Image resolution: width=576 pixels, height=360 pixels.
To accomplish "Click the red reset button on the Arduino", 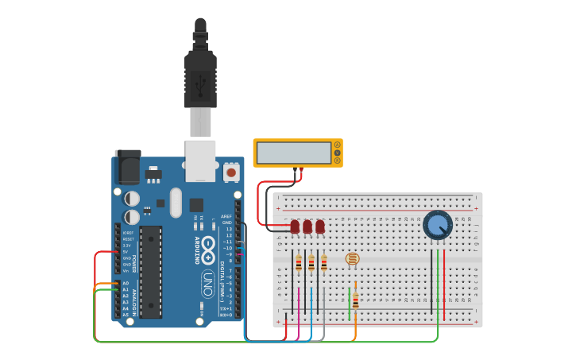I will click(231, 171).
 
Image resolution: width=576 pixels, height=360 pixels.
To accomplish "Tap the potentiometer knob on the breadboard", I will click(437, 225).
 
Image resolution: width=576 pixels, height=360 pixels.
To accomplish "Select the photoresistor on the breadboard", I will click(352, 258).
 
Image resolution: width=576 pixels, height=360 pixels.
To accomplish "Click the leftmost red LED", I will click(295, 226).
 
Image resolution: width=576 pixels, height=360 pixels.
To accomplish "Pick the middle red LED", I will click(307, 226).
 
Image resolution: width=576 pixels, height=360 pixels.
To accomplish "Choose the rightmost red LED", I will click(320, 226).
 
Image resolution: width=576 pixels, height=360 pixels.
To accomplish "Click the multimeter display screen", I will click(293, 153).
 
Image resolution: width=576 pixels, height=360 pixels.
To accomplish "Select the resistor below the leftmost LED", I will click(299, 264).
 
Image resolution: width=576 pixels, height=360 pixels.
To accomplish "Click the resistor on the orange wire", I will click(355, 300).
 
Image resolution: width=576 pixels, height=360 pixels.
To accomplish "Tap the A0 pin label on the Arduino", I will click(126, 283).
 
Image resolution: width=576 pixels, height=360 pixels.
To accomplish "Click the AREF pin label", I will click(226, 216).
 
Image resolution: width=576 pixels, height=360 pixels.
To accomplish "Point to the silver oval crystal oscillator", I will click(176, 202).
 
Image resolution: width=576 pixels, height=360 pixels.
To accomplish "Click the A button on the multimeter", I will click(338, 145).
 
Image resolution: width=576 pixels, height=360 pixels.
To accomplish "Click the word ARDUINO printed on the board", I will click(196, 251).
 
